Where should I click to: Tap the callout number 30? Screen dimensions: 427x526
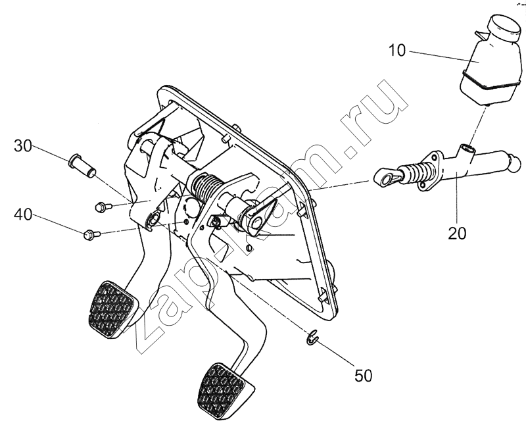click(x=22, y=146)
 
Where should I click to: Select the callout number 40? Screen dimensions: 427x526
click(x=22, y=214)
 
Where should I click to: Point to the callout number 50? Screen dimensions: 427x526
click(x=364, y=376)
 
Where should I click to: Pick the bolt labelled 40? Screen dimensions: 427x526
click(x=91, y=232)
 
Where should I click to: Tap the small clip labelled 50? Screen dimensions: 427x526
click(x=312, y=339)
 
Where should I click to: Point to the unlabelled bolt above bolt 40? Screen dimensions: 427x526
click(x=101, y=207)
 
